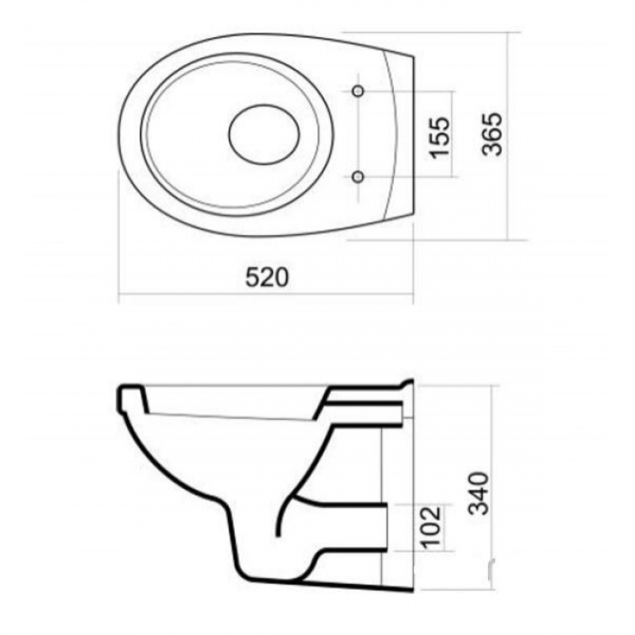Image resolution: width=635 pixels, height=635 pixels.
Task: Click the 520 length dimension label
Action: pyautogui.click(x=268, y=277)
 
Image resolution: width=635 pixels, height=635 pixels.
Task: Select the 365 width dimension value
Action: pyautogui.click(x=492, y=134)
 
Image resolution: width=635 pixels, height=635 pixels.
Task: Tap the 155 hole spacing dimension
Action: pyautogui.click(x=439, y=138)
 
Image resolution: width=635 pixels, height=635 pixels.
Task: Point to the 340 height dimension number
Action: pyautogui.click(x=479, y=493)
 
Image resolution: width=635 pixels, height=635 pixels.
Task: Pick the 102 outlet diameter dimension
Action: pyautogui.click(x=431, y=527)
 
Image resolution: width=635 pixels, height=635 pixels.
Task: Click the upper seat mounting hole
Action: pyautogui.click(x=357, y=91)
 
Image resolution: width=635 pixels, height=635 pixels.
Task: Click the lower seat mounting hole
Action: pyautogui.click(x=357, y=177)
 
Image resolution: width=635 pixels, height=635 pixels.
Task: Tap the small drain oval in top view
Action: pyautogui.click(x=264, y=134)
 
